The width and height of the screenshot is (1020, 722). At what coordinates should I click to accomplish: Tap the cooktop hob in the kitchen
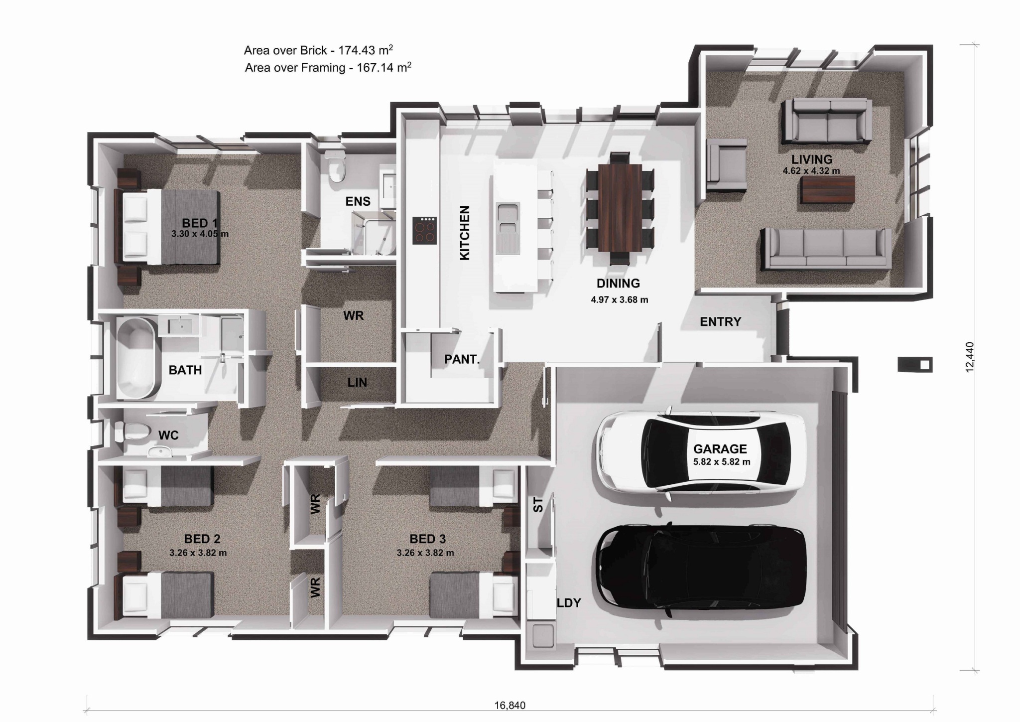click(x=425, y=230)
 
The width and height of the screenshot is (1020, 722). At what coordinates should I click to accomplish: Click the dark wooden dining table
click(x=620, y=208)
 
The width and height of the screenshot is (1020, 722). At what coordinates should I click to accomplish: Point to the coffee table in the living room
click(x=828, y=189)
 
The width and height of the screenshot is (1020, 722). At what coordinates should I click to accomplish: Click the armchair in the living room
click(x=726, y=165)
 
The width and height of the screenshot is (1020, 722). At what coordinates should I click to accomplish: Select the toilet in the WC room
click(x=132, y=432)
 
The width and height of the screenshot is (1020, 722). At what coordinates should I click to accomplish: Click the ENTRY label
click(x=720, y=322)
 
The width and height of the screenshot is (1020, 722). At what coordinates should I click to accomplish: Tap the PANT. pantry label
click(x=462, y=359)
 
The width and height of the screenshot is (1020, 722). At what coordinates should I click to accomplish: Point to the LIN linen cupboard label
click(x=357, y=382)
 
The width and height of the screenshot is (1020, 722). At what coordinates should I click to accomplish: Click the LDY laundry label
click(x=568, y=603)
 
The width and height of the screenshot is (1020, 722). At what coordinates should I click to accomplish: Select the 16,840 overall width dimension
click(x=510, y=706)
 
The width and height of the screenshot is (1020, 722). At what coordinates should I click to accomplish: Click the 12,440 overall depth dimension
click(x=969, y=357)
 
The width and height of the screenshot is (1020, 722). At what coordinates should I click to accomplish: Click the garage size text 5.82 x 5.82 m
click(x=722, y=462)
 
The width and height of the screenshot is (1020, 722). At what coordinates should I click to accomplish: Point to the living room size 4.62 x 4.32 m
click(x=811, y=171)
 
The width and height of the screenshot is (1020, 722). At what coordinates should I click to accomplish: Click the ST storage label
click(x=538, y=504)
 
